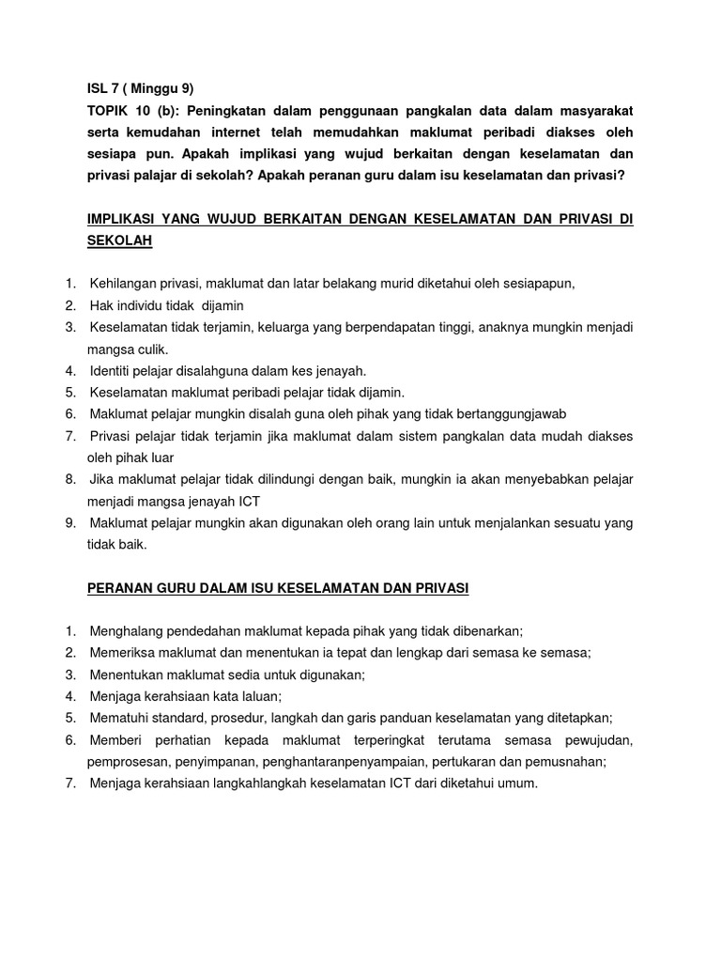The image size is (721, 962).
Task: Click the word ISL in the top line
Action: (97, 89)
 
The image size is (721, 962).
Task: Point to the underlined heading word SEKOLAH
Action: (119, 240)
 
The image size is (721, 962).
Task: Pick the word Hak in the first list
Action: (101, 305)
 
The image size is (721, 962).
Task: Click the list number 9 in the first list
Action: (70, 522)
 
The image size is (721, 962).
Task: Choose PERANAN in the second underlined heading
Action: (117, 588)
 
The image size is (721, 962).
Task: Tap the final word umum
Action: (520, 784)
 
